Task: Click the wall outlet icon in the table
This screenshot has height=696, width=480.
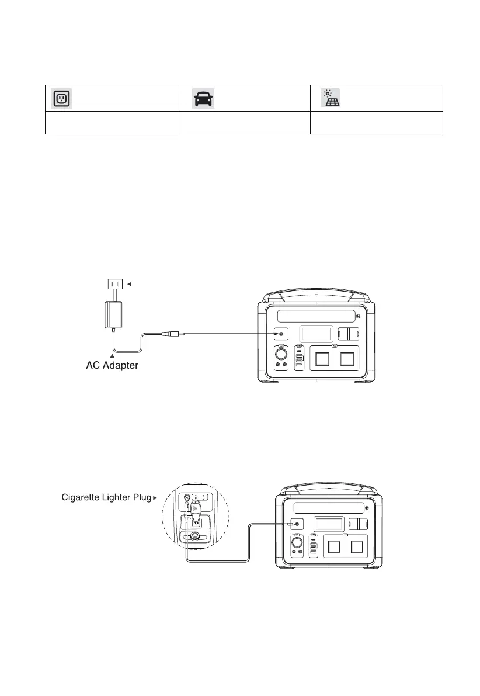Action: pos(61,98)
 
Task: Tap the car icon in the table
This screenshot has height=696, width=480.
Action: pos(204,98)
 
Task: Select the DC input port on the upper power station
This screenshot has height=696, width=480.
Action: pos(281,334)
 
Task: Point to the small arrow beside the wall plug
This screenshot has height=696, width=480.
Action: pos(129,284)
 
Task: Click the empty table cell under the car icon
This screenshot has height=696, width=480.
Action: pos(244,123)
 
